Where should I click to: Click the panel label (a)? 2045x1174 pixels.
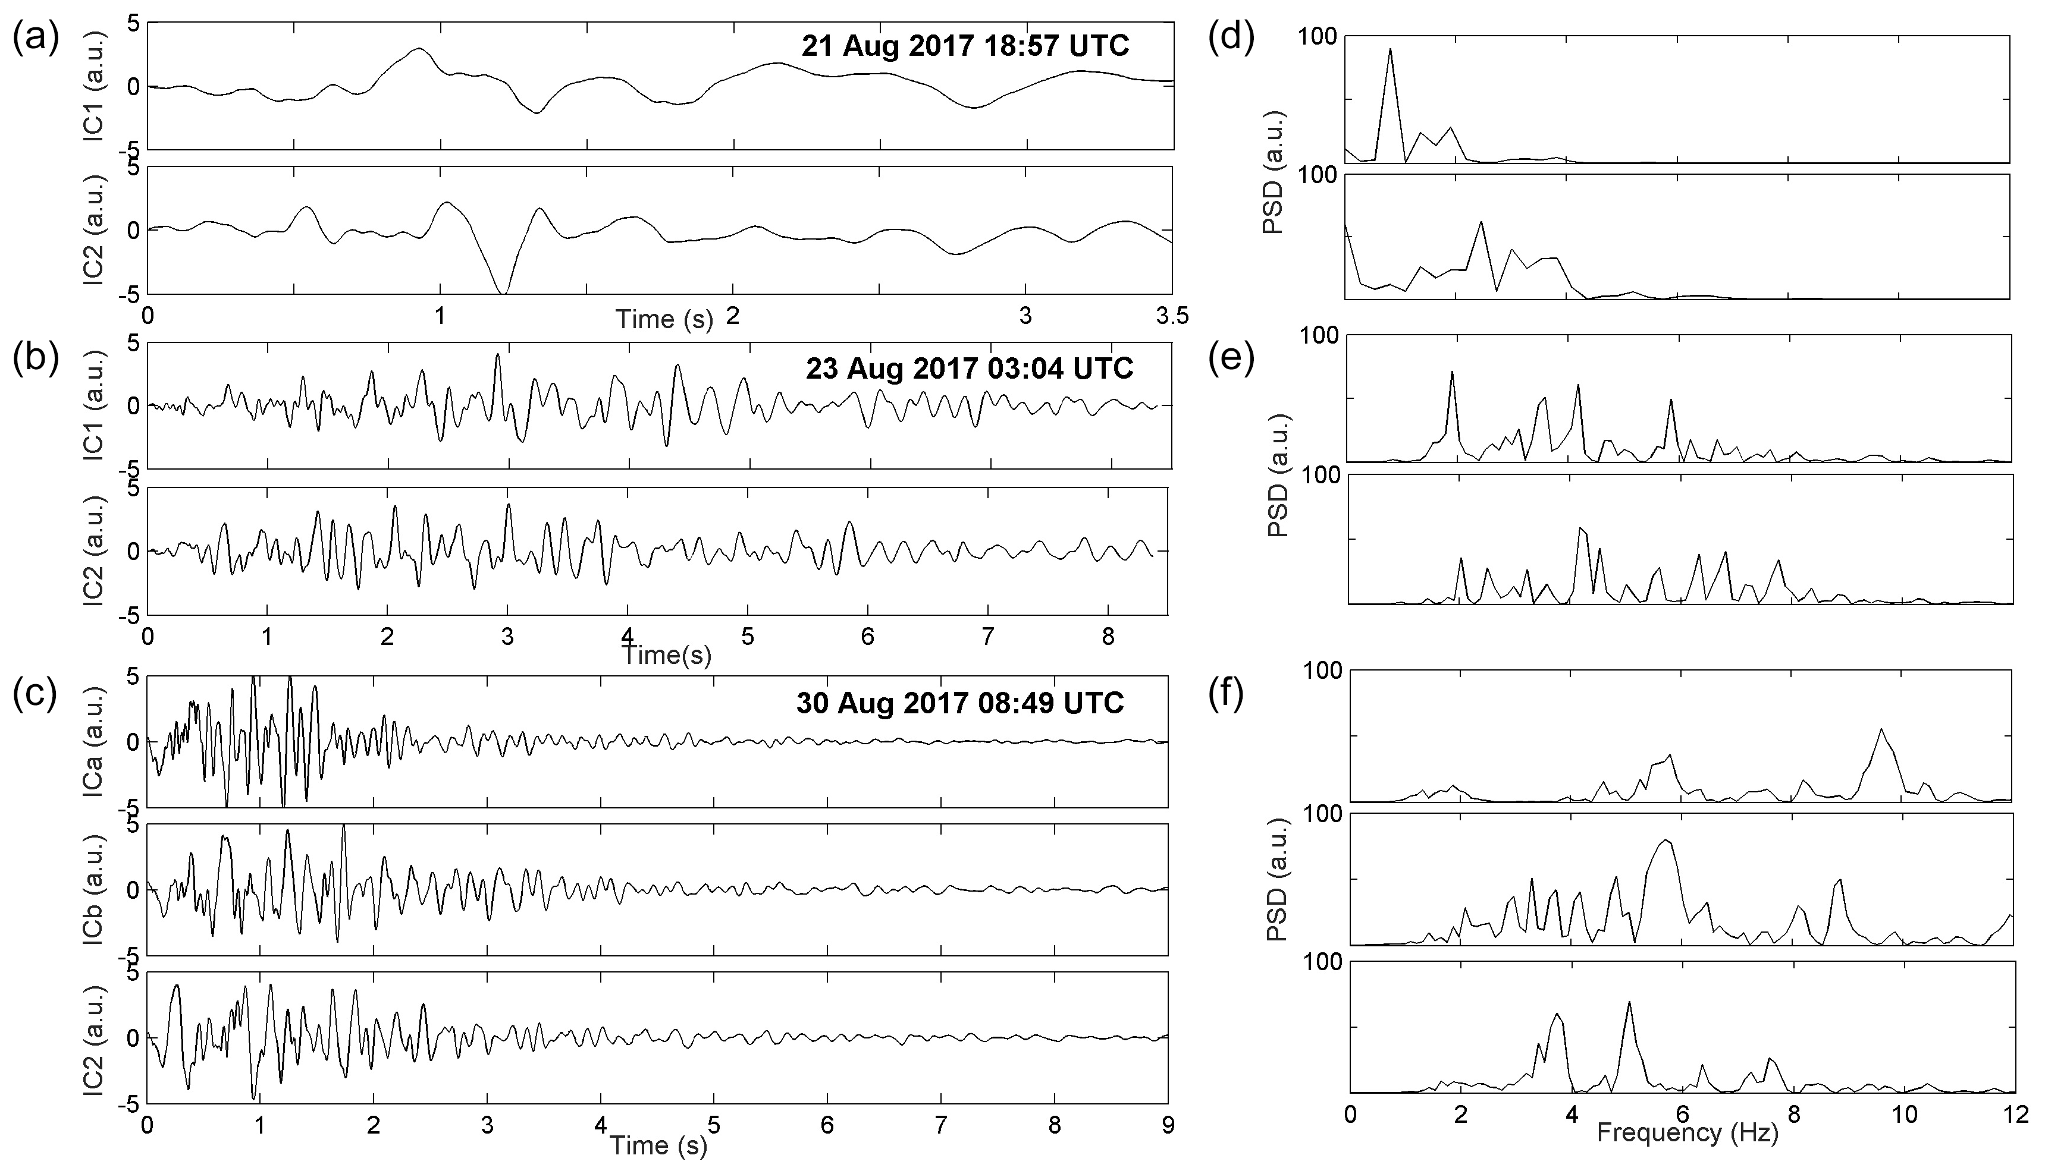pos(36,39)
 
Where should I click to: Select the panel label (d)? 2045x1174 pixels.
pos(1231,39)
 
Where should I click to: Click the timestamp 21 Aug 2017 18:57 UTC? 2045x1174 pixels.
pos(965,46)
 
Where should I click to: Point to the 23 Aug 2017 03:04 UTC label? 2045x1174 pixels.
pos(969,369)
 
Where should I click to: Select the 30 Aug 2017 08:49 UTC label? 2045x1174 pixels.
pos(960,703)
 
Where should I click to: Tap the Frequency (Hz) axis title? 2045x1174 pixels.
pos(1688,1134)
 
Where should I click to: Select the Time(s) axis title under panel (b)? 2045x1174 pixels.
pos(668,654)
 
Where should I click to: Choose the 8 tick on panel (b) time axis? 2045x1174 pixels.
pos(1108,637)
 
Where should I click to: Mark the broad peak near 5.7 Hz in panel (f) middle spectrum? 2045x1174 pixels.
pos(1665,841)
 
